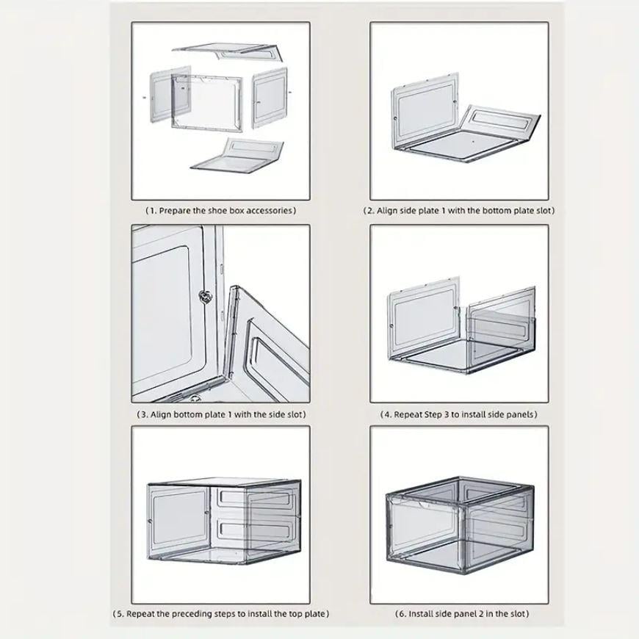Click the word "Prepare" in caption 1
174,211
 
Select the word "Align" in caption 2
387,211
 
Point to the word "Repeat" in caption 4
408,414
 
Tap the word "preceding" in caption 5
190,614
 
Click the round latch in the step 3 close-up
206,297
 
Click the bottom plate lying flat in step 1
237,156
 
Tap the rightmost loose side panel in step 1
270,98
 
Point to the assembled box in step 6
459,525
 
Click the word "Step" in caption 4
433,414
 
